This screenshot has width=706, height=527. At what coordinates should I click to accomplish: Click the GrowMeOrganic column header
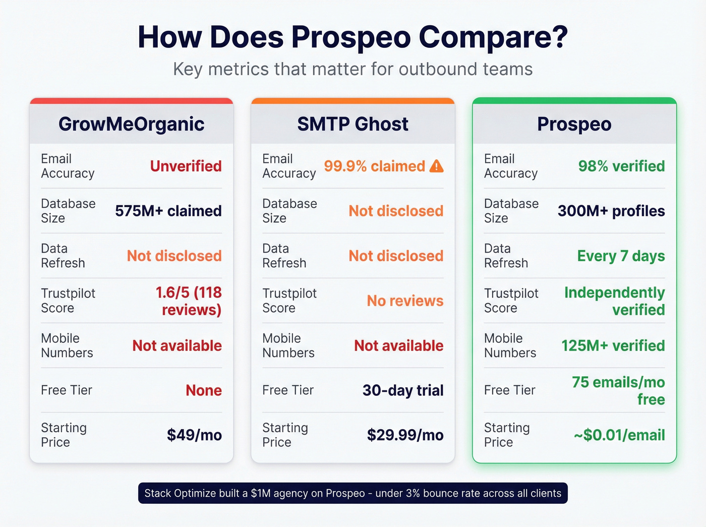pos(131,124)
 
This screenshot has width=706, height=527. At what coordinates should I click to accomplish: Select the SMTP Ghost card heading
pos(352,124)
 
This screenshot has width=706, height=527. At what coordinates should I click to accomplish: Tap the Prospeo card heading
pos(574,124)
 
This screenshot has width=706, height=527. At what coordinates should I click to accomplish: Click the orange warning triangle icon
pos(436,166)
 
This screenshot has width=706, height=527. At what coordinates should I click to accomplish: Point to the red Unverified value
pos(186,166)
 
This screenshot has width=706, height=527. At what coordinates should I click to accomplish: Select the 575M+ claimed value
pos(168,211)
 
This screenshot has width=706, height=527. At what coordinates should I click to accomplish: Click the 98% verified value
pos(621,166)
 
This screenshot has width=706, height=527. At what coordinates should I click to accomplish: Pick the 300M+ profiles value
pos(611,211)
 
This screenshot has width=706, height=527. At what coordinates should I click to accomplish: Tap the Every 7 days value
pos(621,256)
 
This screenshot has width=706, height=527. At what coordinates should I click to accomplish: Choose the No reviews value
pos(405,301)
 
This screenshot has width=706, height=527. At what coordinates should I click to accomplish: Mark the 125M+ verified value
pos(613,345)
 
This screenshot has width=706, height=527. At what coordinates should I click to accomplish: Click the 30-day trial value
pos(403,390)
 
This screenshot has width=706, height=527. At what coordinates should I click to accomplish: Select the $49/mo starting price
pos(194,435)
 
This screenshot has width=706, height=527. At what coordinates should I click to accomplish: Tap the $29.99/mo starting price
pos(405,435)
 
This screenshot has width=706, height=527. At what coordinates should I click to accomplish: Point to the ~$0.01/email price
pos(619,435)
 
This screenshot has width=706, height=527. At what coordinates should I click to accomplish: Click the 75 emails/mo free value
pos(618,391)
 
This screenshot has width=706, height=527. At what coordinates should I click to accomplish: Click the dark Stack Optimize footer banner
pos(352,493)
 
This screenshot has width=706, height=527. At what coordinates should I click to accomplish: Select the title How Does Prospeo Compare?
pos(352,37)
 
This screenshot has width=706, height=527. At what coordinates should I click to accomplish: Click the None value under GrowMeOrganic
pos(203,390)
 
